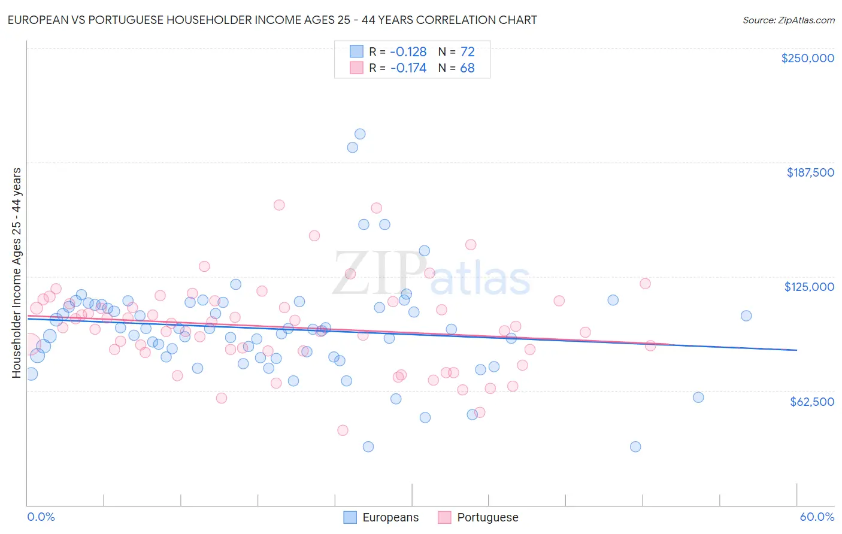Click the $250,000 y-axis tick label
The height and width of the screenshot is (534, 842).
point(807,58)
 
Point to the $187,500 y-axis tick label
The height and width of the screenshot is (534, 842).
point(810,172)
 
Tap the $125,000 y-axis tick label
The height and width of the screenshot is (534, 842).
point(809,287)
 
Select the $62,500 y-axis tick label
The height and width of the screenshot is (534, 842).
point(811,401)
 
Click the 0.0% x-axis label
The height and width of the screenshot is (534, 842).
point(41,517)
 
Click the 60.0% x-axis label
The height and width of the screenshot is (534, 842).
point(817,517)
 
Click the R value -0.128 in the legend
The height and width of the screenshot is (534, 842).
point(408,51)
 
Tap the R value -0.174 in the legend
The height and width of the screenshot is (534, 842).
point(408,68)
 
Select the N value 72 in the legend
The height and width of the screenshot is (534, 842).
point(467,51)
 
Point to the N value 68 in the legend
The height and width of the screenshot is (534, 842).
point(467,68)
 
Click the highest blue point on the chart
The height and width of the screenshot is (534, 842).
point(360,134)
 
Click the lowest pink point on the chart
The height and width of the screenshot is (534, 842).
point(343,430)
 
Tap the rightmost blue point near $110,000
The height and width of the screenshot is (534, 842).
point(746,315)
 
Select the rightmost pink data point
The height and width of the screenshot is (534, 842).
point(650,345)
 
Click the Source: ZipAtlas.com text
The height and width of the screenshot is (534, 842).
point(788,20)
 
